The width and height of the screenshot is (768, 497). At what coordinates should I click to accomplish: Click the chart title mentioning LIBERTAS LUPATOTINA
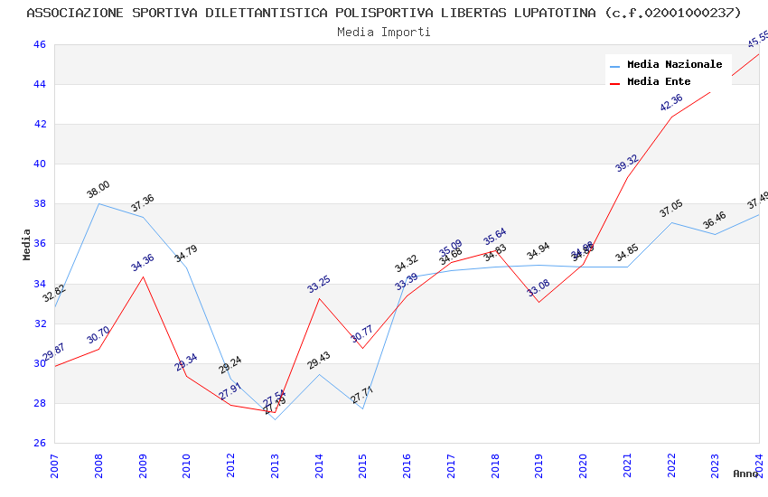click(384, 13)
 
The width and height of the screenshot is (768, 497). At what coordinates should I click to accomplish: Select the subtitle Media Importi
click(384, 32)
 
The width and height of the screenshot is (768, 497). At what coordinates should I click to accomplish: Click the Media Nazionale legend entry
click(674, 65)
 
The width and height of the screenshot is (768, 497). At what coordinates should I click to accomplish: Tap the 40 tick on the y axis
click(40, 164)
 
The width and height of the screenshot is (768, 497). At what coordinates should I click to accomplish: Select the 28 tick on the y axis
click(40, 403)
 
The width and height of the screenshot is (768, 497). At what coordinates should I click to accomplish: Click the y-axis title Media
click(27, 244)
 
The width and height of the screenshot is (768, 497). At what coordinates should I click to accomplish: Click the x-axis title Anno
click(745, 474)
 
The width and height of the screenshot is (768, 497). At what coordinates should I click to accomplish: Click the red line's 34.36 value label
click(143, 263)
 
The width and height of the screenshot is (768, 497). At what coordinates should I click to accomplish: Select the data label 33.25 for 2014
click(319, 285)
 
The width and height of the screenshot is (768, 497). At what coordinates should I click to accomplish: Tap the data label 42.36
click(671, 103)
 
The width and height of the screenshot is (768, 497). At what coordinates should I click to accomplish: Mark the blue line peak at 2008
click(98, 203)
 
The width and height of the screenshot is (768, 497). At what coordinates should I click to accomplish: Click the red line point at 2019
click(539, 302)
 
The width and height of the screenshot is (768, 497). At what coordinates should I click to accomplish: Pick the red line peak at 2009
click(143, 277)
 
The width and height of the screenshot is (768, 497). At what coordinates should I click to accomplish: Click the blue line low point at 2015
click(362, 408)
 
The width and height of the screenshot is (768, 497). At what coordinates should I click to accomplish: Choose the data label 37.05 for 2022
click(671, 210)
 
